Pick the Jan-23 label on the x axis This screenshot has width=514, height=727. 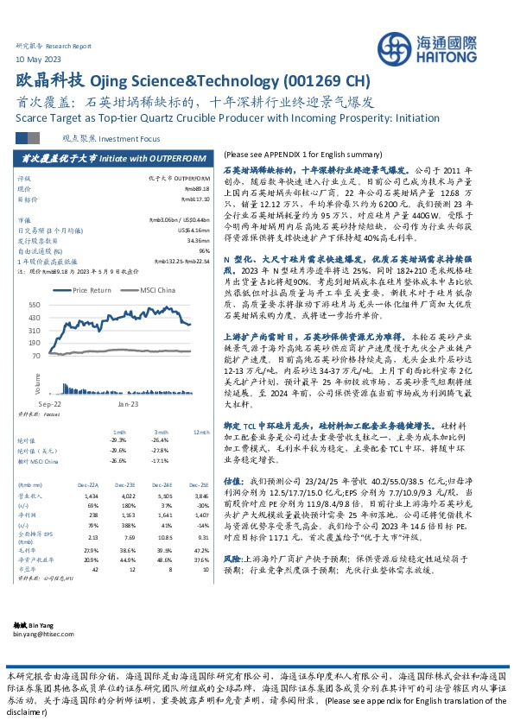click(129, 402)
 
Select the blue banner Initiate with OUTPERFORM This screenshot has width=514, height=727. click(113, 159)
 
